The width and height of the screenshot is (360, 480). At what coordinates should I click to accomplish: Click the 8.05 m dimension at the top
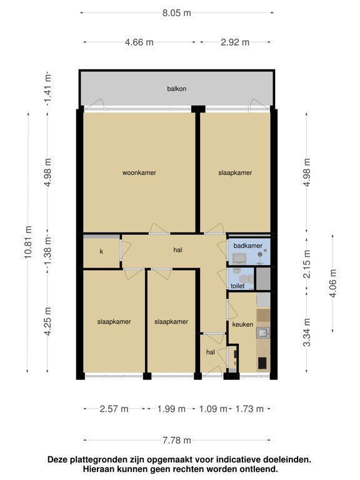(177, 13)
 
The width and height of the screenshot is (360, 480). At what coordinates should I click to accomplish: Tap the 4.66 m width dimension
(139, 42)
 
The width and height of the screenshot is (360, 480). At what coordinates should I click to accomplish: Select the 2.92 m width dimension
(235, 42)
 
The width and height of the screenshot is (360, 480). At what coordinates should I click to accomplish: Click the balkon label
(177, 89)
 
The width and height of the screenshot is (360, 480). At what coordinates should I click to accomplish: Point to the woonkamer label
(139, 172)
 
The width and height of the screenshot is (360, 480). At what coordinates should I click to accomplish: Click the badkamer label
(248, 246)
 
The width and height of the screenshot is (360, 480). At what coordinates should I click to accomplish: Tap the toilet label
(237, 286)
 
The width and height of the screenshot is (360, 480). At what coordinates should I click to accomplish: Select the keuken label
(242, 324)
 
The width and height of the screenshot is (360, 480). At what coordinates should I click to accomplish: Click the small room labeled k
(101, 252)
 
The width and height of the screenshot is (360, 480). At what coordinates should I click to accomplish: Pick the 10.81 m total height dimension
(28, 242)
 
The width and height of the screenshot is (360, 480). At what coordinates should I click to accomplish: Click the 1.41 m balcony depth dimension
(47, 89)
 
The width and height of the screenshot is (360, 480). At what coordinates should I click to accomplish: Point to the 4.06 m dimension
(333, 283)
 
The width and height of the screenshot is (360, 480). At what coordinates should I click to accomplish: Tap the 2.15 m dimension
(307, 264)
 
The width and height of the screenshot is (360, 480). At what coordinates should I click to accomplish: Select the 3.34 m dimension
(307, 332)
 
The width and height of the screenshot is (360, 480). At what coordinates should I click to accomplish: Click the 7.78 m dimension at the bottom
(177, 440)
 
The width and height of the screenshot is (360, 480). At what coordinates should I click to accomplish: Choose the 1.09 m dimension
(213, 409)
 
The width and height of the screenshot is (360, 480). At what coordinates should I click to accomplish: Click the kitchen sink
(263, 332)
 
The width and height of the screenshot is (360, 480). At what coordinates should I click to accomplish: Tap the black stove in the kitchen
(262, 363)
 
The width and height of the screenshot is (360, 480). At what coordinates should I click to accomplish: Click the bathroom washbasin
(239, 259)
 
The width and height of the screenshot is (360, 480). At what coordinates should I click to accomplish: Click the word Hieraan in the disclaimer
(97, 469)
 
